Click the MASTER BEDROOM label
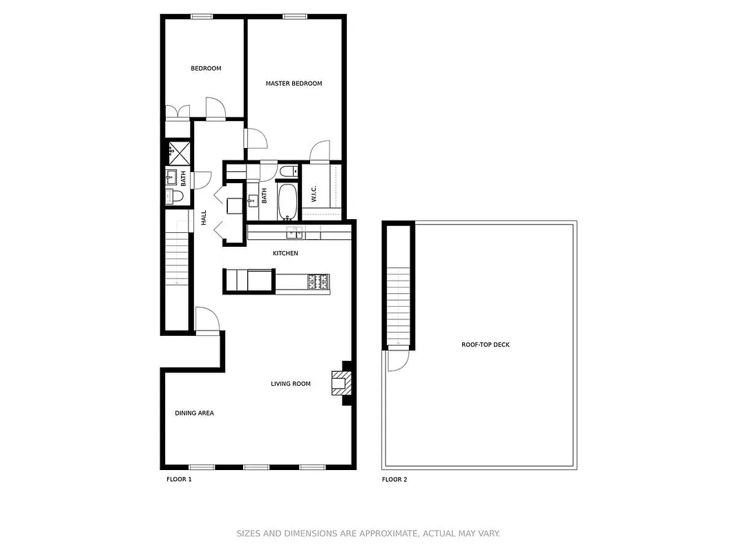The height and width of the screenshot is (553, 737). pyautogui.click(x=294, y=84)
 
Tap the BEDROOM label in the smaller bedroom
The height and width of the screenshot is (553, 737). pyautogui.click(x=206, y=68)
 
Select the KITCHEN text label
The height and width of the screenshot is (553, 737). pyautogui.click(x=285, y=254)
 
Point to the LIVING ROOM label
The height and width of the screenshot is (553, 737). pyautogui.click(x=290, y=384)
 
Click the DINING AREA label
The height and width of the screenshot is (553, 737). pyautogui.click(x=194, y=413)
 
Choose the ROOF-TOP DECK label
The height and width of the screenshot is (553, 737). pyautogui.click(x=486, y=345)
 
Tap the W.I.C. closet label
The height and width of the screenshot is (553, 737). pyautogui.click(x=314, y=195)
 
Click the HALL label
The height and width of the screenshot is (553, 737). pyautogui.click(x=204, y=218)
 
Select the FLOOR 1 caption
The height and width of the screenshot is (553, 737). pyautogui.click(x=179, y=479)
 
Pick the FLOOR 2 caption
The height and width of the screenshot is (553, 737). pyautogui.click(x=394, y=479)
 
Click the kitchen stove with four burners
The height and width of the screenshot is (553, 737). pyautogui.click(x=318, y=281)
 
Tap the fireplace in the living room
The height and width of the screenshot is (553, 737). pyautogui.click(x=340, y=382)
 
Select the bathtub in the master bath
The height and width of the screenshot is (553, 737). pyautogui.click(x=287, y=201)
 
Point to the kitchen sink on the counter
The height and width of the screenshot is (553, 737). pyautogui.click(x=295, y=232)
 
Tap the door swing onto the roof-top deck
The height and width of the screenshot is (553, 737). pyautogui.click(x=397, y=361)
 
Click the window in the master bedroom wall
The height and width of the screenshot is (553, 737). pyautogui.click(x=294, y=17)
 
